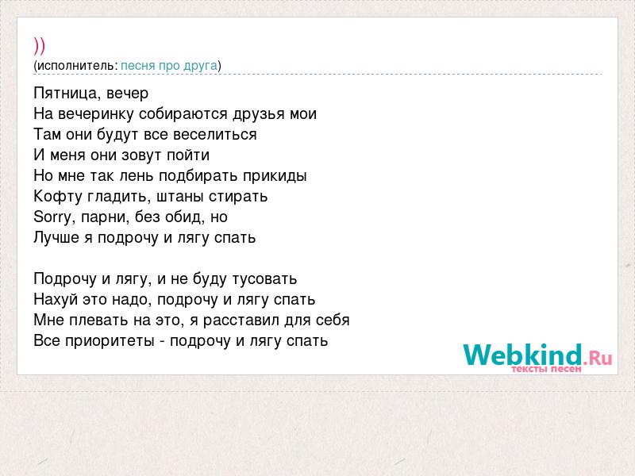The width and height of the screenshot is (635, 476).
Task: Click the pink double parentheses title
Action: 39,46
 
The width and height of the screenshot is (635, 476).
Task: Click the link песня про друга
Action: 169,66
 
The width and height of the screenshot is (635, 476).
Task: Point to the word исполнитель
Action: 76,66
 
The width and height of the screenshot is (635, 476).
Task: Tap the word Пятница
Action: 67,94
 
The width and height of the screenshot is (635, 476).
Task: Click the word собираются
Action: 183,114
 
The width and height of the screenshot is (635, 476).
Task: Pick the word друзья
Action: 259,114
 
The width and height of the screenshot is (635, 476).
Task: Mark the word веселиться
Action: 214,134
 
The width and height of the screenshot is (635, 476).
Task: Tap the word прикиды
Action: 275,176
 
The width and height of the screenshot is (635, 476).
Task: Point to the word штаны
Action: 180,197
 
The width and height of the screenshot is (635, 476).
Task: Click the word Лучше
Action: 56,237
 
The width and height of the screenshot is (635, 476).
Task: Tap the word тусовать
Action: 264,279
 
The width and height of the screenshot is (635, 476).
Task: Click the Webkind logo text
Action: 538,355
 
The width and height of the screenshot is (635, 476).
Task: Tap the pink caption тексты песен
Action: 546,369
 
